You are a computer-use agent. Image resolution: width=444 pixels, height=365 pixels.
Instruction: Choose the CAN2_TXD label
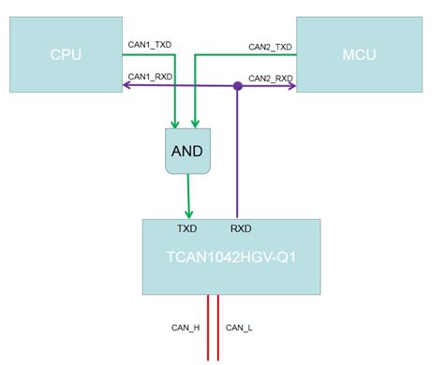[270, 46]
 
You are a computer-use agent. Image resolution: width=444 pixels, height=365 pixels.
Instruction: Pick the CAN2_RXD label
[270, 79]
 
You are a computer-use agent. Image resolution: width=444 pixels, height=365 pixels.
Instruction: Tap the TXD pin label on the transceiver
[186, 227]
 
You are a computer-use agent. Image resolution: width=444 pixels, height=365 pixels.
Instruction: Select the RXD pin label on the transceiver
[240, 227]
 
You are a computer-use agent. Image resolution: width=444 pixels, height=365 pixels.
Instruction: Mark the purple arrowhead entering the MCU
[291, 87]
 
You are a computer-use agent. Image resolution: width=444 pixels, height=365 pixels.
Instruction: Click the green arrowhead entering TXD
[190, 213]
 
